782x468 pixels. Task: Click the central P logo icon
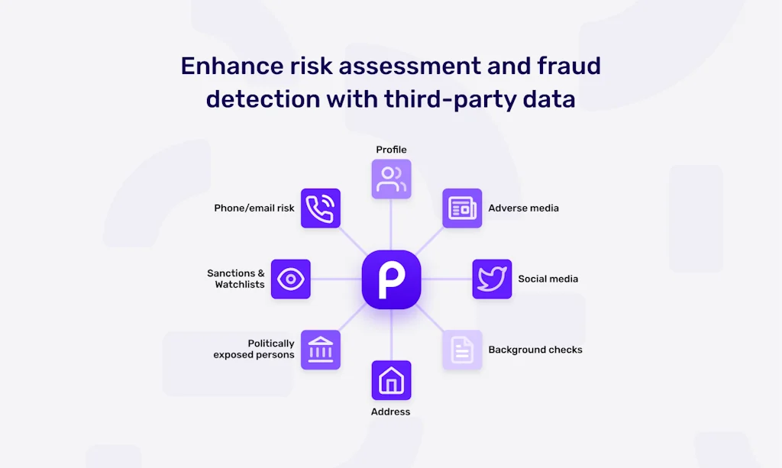click(x=391, y=279)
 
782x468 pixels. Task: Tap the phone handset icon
click(x=321, y=208)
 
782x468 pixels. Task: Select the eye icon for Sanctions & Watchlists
click(x=291, y=279)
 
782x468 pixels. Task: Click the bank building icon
click(x=321, y=350)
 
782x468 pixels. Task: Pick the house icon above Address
click(x=392, y=380)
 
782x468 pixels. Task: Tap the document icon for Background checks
click(x=462, y=350)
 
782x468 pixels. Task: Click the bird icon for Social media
click(x=493, y=279)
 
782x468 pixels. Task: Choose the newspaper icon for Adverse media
click(x=462, y=208)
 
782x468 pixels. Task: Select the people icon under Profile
click(x=392, y=179)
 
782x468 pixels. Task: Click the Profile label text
click(x=391, y=150)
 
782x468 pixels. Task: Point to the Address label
click(x=390, y=412)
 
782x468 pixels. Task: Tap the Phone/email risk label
click(x=254, y=208)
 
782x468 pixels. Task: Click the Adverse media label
click(x=524, y=208)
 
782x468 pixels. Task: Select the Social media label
click(x=548, y=279)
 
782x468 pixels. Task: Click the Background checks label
click(x=535, y=350)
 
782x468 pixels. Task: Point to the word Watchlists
click(x=240, y=285)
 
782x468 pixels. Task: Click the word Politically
click(x=271, y=344)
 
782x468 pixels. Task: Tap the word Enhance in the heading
click(x=232, y=66)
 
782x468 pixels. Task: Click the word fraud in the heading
click(x=569, y=66)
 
